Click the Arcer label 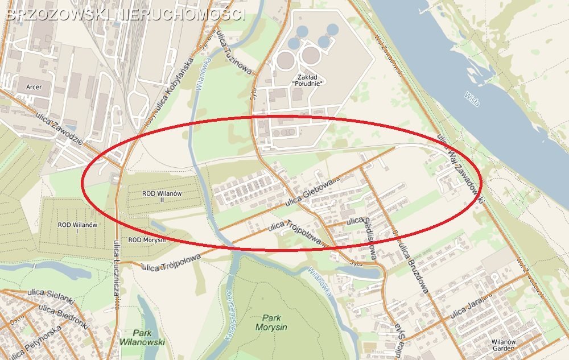(x=34, y=87)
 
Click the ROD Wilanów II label (x=162, y=197)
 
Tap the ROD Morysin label (x=147, y=240)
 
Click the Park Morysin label (x=275, y=322)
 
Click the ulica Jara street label (x=466, y=308)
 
